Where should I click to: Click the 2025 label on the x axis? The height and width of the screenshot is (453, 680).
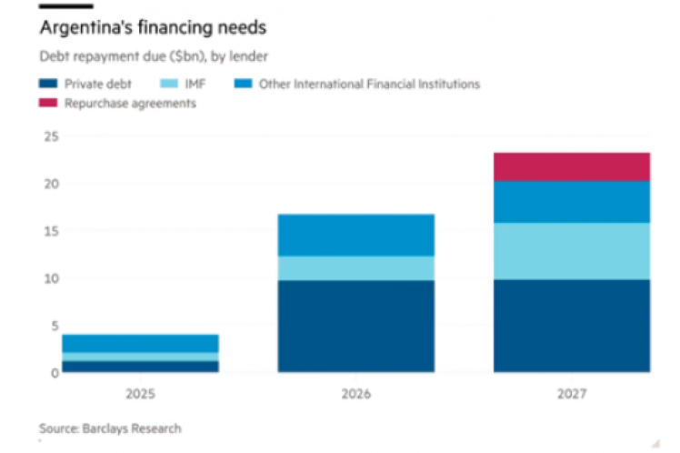pyautogui.click(x=140, y=395)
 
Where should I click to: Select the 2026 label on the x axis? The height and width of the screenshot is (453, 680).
pyautogui.click(x=356, y=395)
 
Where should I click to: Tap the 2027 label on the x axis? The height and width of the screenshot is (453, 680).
pyautogui.click(x=572, y=395)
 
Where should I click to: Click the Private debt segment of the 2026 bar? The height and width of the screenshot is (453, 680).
pyautogui.click(x=356, y=326)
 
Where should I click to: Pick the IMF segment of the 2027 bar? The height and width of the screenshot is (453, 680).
pyautogui.click(x=572, y=251)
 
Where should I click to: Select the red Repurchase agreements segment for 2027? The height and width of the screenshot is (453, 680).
pyautogui.click(x=572, y=166)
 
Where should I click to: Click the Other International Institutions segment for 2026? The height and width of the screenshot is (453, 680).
pyautogui.click(x=356, y=235)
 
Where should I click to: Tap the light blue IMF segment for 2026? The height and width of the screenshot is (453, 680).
pyautogui.click(x=356, y=267)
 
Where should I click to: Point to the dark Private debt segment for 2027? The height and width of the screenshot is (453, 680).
pyautogui.click(x=572, y=326)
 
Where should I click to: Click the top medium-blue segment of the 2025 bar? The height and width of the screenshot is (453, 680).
pyautogui.click(x=140, y=343)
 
